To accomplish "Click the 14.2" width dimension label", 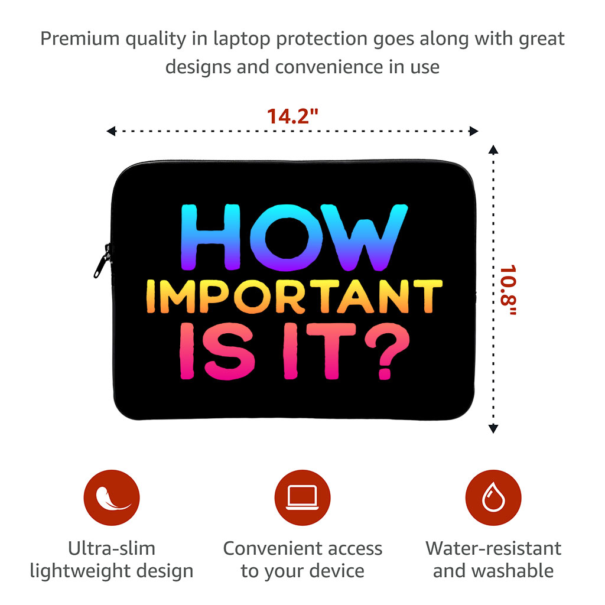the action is (x=292, y=116).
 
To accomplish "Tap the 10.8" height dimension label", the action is (x=508, y=290).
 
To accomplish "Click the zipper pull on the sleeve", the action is (x=102, y=261).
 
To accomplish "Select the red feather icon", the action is (x=112, y=497).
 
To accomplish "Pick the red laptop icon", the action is (x=302, y=497).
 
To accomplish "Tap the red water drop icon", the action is (x=493, y=497).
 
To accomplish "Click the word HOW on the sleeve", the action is (x=294, y=237).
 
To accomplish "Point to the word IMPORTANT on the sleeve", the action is (x=294, y=296).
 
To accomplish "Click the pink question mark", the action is (x=387, y=351).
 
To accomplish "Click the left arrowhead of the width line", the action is (x=111, y=131).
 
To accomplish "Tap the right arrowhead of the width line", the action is (x=474, y=131).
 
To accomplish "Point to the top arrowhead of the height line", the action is (x=493, y=149).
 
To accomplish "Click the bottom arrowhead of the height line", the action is (x=493, y=429).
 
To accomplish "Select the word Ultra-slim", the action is (x=112, y=548).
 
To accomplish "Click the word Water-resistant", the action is (x=493, y=548).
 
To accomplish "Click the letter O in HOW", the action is (x=287, y=238).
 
